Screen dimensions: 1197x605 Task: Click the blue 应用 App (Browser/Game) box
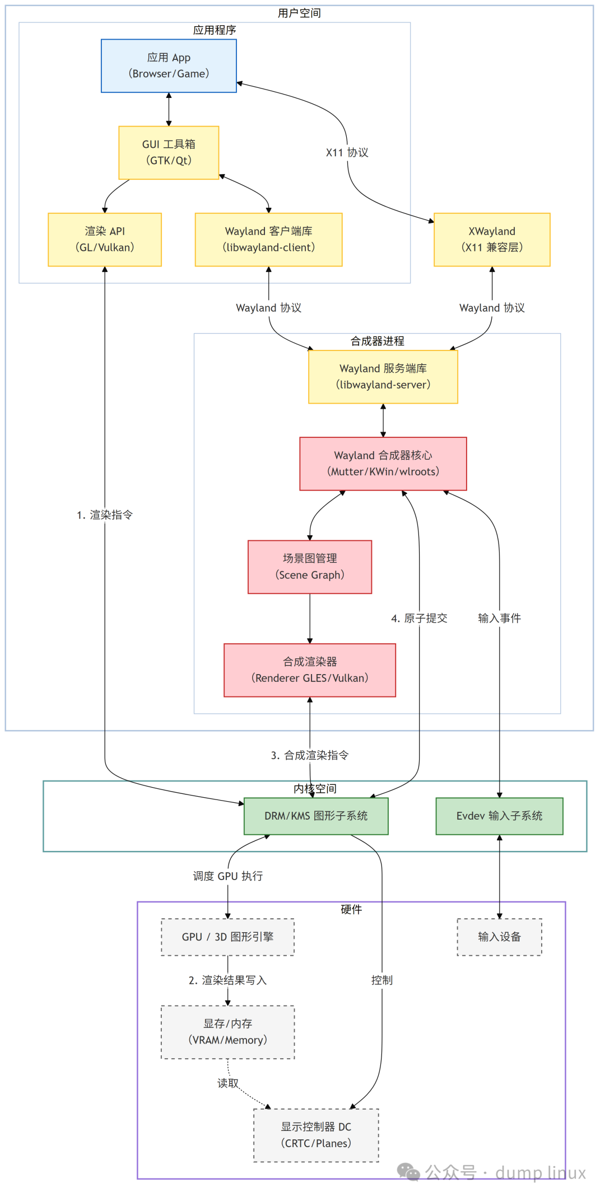pyautogui.click(x=169, y=66)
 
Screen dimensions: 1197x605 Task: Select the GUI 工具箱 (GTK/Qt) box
pyautogui.click(x=169, y=152)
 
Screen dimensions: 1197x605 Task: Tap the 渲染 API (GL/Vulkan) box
pyautogui.click(x=105, y=239)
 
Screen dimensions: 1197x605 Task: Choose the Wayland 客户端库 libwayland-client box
pyautogui.click(x=268, y=239)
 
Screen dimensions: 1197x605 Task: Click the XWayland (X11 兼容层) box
pyautogui.click(x=492, y=239)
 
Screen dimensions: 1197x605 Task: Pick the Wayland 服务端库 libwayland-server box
pyautogui.click(x=383, y=376)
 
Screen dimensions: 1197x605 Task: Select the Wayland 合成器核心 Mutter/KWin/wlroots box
pyautogui.click(x=383, y=463)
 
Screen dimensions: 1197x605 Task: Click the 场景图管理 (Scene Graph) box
pyautogui.click(x=310, y=567)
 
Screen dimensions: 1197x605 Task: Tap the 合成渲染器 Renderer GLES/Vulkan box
pyautogui.click(x=310, y=670)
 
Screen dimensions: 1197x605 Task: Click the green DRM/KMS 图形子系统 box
pyautogui.click(x=316, y=816)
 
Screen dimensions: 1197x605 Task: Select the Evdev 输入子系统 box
pyautogui.click(x=499, y=816)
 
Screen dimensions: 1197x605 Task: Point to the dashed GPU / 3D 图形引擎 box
pyautogui.click(x=227, y=937)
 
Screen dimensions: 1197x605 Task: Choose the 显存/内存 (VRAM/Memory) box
pyautogui.click(x=227, y=1032)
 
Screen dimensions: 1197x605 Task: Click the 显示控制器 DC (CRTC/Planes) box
pyautogui.click(x=316, y=1135)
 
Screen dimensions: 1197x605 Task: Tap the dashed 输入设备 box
pyautogui.click(x=499, y=937)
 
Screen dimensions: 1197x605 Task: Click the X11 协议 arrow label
pyautogui.click(x=347, y=152)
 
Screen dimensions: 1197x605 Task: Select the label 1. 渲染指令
pyautogui.click(x=105, y=515)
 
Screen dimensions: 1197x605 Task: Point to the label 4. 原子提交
pyautogui.click(x=419, y=618)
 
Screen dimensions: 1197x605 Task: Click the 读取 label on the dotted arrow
pyautogui.click(x=228, y=1083)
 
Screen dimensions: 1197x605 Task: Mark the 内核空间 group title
pyautogui.click(x=315, y=788)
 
